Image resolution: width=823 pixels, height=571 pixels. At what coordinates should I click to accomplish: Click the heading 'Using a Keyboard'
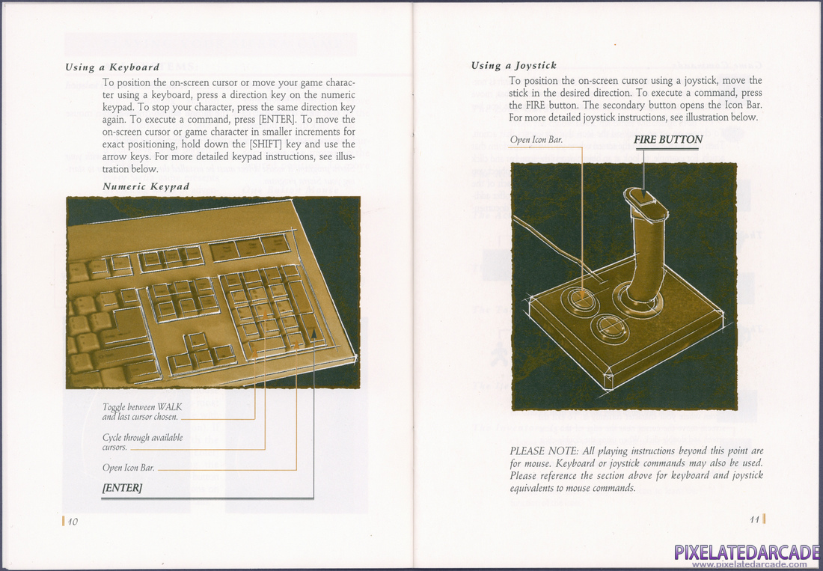[112, 67]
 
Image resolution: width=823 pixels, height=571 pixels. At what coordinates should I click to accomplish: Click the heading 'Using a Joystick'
[513, 66]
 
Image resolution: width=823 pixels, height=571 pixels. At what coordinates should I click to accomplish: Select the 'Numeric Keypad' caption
[147, 186]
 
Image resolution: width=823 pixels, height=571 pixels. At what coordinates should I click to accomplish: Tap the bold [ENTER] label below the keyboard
[122, 488]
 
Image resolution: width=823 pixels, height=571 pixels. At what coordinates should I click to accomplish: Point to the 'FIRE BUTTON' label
[667, 140]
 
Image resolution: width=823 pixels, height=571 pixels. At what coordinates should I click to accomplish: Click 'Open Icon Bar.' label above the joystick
[536, 140]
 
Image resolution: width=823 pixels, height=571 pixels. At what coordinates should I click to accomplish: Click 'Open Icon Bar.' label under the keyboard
[129, 468]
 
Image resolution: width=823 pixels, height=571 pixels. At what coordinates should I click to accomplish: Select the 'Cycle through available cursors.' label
[142, 442]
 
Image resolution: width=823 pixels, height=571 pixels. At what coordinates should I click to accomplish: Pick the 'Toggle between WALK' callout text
[142, 407]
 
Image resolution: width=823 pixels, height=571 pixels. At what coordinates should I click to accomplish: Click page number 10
[73, 522]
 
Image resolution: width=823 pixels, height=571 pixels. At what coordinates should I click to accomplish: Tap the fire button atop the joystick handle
[641, 198]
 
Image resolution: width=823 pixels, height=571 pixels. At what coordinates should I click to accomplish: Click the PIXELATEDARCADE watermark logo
[746, 554]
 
